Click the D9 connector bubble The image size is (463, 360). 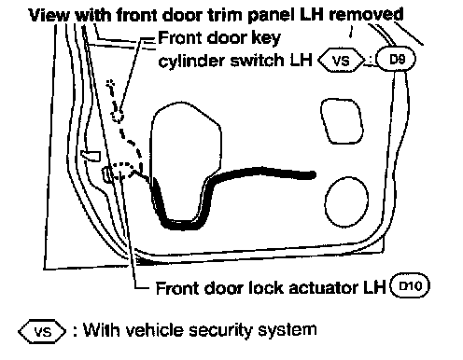[396, 59]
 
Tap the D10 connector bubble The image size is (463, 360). [410, 285]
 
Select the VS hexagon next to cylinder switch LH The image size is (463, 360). [341, 60]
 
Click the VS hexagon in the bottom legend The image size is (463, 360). [42, 331]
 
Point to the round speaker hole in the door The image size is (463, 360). [346, 201]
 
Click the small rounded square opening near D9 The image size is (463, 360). [342, 121]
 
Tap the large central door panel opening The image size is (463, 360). [152, 149]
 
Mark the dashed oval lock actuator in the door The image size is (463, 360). [122, 171]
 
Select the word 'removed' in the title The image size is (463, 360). [366, 15]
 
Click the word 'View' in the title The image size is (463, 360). [49, 15]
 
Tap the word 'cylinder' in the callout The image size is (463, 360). [192, 60]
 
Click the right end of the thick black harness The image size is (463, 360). [315, 175]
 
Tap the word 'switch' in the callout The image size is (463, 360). [258, 60]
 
